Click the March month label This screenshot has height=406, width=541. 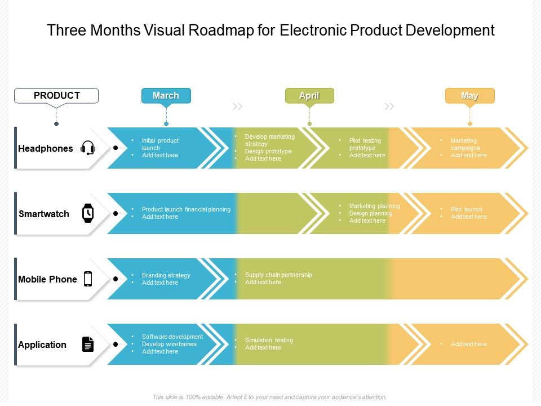[x=166, y=96]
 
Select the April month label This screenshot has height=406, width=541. [x=309, y=96]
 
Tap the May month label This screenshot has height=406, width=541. [x=469, y=96]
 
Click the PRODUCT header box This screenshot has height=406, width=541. [x=56, y=96]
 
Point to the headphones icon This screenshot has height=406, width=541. [x=88, y=148]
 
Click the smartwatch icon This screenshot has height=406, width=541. [x=88, y=213]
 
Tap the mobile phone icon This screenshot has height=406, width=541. [x=88, y=279]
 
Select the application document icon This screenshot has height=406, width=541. [x=88, y=344]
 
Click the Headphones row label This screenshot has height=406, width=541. [x=46, y=149]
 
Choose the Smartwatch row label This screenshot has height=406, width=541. [x=44, y=214]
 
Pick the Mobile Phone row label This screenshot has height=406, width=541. [x=47, y=280]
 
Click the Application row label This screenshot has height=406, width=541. [x=42, y=345]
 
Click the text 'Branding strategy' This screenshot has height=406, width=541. [x=166, y=275]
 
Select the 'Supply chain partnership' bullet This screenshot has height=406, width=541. [x=278, y=275]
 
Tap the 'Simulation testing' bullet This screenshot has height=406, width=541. [x=269, y=340]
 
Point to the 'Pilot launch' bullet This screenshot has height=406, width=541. [x=466, y=209]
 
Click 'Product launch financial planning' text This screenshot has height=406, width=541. [x=186, y=209]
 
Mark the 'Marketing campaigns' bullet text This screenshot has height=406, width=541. [x=464, y=144]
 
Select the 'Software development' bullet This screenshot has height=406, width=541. [x=172, y=337]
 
